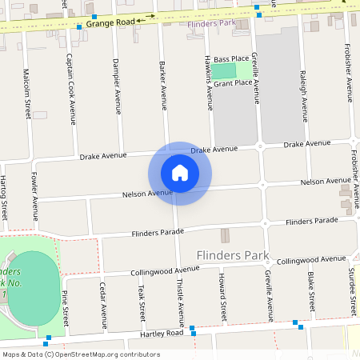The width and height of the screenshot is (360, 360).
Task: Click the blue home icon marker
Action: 180,173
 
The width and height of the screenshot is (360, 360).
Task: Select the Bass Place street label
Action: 231,59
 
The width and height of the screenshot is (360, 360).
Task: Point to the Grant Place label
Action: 233,82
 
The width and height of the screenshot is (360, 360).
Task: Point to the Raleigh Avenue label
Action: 303,78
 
